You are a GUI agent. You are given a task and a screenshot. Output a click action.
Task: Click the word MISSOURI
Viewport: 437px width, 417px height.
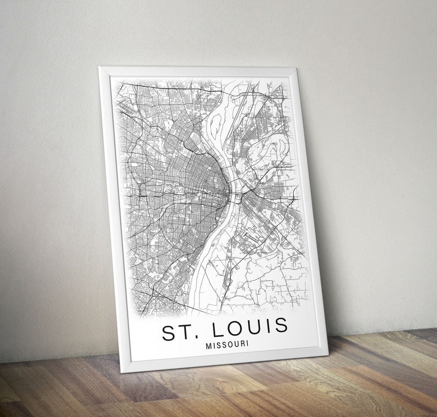227,346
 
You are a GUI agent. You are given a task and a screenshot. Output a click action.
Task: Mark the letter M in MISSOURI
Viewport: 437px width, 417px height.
208,347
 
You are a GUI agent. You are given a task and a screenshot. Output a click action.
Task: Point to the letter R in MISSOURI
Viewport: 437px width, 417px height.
242,344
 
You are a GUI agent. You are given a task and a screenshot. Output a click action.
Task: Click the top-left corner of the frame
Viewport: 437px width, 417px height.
100,68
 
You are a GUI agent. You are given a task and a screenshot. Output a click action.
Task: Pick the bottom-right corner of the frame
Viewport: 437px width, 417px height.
327,353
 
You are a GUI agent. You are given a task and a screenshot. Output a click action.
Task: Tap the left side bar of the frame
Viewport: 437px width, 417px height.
111,220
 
